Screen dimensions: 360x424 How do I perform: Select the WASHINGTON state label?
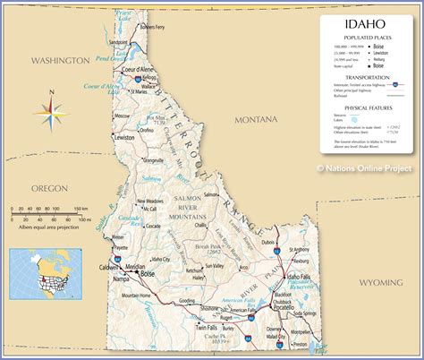click(59, 60)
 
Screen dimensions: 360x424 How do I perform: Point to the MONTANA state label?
click(256, 119)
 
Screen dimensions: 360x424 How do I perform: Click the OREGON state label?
click(49, 163)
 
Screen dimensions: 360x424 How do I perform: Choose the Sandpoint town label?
click(117, 42)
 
